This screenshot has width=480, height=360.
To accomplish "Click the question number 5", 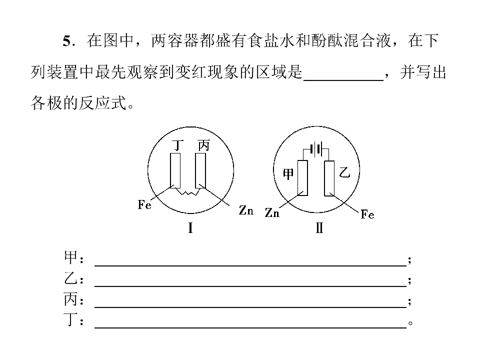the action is point(67,40).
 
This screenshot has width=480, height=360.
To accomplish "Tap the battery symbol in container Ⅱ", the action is point(316,149).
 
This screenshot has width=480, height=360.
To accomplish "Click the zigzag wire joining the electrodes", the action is point(187,191).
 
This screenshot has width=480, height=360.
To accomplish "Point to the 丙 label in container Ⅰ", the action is point(203,145).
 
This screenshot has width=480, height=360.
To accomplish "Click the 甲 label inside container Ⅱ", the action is point(288,174).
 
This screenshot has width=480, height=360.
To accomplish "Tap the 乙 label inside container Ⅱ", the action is point(344,173).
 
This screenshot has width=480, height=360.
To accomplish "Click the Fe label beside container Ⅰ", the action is point(144,204).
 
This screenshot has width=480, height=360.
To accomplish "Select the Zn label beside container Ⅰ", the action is point(246,210).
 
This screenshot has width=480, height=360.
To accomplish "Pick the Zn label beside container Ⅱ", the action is point(272,212).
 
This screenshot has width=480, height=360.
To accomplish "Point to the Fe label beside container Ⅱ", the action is point(367,214).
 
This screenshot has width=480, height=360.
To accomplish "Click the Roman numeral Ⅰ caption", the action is point(190,228).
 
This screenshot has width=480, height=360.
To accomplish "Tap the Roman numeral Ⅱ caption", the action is point(319,228).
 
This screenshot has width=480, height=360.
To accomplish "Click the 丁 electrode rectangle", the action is point(175,170).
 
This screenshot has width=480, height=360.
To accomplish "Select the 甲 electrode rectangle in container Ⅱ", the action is point(303,178).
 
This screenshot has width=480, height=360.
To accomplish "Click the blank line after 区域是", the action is point(343,80).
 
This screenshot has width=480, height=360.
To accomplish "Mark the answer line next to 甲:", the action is point(250,265).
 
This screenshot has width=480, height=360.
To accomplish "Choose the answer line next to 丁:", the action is point(250,327).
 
